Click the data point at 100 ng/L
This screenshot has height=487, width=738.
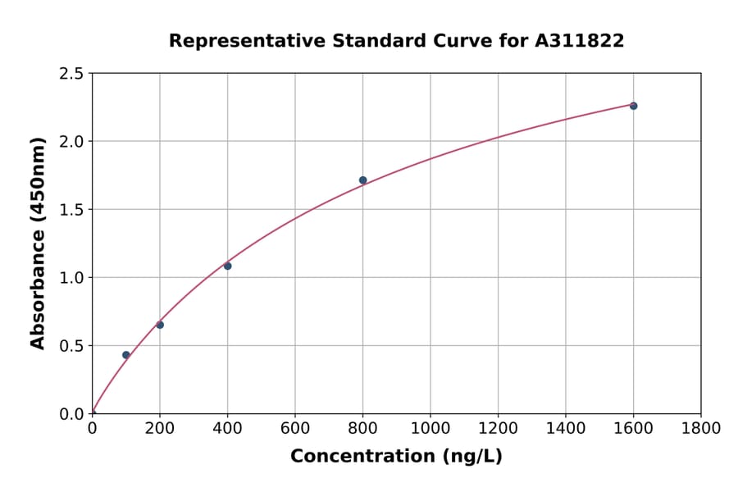(x=125, y=355)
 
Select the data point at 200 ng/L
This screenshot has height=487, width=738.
(x=160, y=325)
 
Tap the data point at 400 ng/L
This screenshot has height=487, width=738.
(x=227, y=266)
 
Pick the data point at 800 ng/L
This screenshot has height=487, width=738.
(x=362, y=180)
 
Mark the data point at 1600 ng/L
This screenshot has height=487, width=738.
(x=633, y=106)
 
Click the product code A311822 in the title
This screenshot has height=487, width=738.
(x=580, y=40)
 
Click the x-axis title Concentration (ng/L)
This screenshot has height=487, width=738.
(x=396, y=456)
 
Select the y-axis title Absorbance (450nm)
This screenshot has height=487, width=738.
(x=38, y=243)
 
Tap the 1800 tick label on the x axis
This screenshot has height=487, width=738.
(x=700, y=428)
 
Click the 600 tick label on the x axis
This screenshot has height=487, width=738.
(x=295, y=428)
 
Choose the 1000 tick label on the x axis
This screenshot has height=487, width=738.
(x=430, y=428)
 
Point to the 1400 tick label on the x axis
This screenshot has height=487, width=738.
(x=565, y=428)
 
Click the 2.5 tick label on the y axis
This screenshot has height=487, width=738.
(x=72, y=74)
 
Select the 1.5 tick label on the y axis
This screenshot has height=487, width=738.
(x=72, y=210)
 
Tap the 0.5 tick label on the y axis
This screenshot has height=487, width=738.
(x=72, y=346)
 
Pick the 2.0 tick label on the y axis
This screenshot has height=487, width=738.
(x=72, y=142)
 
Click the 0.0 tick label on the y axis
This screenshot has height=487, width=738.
(x=72, y=414)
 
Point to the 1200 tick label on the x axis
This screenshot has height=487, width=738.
(x=498, y=428)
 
